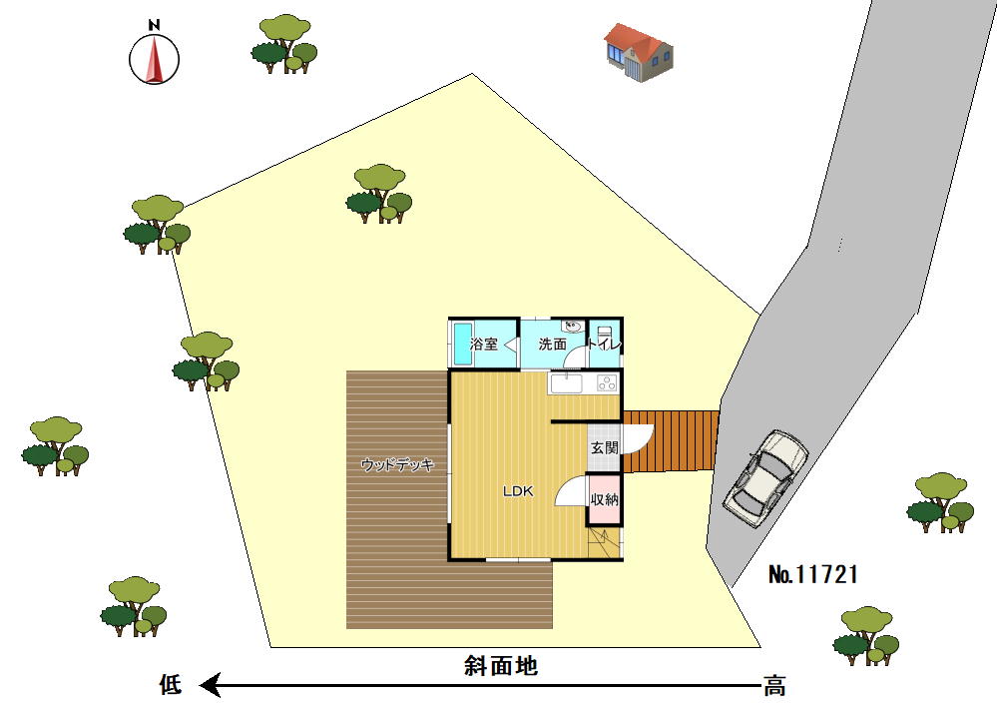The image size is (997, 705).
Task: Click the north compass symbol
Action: tap(154, 56)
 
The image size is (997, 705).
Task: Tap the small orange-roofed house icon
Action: tap(638, 52)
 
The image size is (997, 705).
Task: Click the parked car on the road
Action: tap(765, 478)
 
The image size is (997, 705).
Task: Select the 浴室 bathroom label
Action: tap(484, 345)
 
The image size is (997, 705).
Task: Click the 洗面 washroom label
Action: tap(552, 345)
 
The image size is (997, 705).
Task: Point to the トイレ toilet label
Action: tap(604, 345)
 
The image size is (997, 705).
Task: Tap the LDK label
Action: tap(518, 491)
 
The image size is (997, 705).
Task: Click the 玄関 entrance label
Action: tap(604, 447)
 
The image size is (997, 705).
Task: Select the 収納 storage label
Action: tap(604, 499)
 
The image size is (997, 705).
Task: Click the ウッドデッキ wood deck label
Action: tap(397, 465)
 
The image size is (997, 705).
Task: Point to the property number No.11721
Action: tap(813, 574)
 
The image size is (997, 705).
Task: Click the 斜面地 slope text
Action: tap(501, 665)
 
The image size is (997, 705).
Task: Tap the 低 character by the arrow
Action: tap(171, 685)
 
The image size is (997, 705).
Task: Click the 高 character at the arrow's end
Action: tap(774, 686)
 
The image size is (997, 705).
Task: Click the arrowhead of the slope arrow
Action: tap(210, 685)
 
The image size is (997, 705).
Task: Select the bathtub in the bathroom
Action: tap(462, 344)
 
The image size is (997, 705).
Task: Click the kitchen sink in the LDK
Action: tap(566, 383)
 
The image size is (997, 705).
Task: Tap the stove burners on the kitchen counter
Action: tap(607, 383)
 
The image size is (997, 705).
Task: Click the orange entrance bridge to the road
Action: tap(671, 441)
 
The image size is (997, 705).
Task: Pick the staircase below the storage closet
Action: tap(604, 543)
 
